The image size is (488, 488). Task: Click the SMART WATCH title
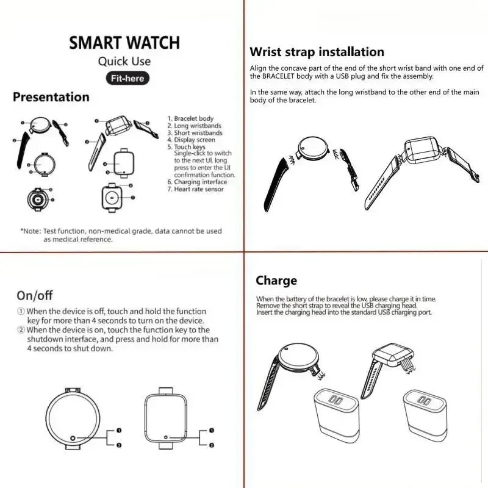coord(124,43)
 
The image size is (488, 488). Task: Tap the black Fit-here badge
coord(127,78)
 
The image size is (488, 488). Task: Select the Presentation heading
coord(51,97)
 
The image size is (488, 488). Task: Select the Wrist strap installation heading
coord(317,52)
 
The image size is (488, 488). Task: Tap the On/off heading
coord(35,296)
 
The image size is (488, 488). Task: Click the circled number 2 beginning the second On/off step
coord(21,330)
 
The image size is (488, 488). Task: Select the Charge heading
coord(276,281)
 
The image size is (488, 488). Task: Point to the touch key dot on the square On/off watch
coord(167,437)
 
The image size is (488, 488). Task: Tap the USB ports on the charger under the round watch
coord(335,398)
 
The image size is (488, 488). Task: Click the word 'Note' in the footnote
coord(32,231)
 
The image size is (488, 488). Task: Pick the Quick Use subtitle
coord(124,61)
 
